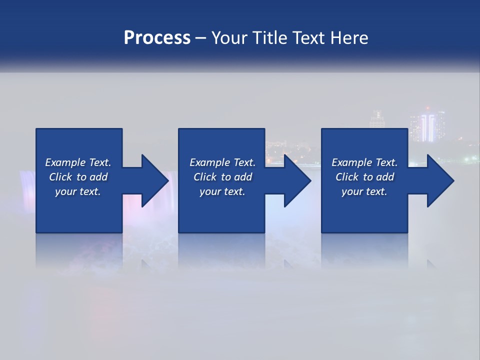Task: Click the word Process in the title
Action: (157, 37)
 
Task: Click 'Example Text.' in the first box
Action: (78, 162)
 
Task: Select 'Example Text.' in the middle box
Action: (222, 162)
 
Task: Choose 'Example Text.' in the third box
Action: (364, 162)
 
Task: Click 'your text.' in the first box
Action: (78, 191)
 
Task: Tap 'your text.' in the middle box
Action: (222, 191)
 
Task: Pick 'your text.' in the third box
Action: (364, 191)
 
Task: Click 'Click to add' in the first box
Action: (78, 177)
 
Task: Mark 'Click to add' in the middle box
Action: (222, 177)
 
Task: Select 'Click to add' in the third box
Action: (364, 177)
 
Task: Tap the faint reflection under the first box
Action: (78, 250)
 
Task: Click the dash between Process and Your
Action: (201, 38)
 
